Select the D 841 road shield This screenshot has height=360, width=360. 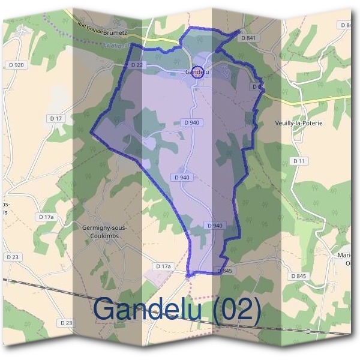click(x=248, y=38)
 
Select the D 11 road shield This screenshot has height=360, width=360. click(x=299, y=161)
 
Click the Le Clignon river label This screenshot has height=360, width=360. click(x=116, y=46)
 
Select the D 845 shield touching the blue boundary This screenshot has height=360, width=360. click(x=224, y=271)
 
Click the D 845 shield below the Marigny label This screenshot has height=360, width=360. click(x=298, y=276)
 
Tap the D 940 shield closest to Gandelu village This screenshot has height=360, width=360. click(x=192, y=122)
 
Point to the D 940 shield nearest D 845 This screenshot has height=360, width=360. click(x=214, y=226)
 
